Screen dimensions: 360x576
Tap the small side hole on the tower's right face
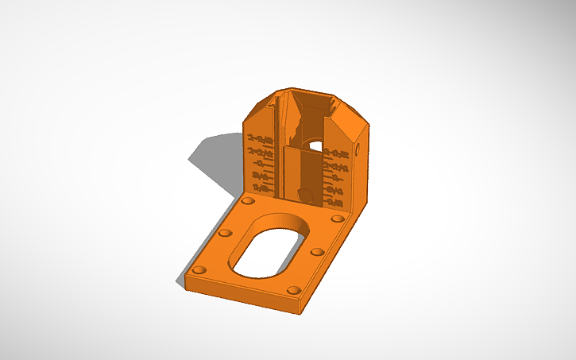(357, 148)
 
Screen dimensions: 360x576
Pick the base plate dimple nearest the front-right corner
(293, 291)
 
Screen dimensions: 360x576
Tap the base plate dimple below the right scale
(336, 218)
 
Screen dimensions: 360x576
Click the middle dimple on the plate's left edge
(224, 234)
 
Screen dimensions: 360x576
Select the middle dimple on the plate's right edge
(316, 252)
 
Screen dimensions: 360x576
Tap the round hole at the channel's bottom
(303, 194)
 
